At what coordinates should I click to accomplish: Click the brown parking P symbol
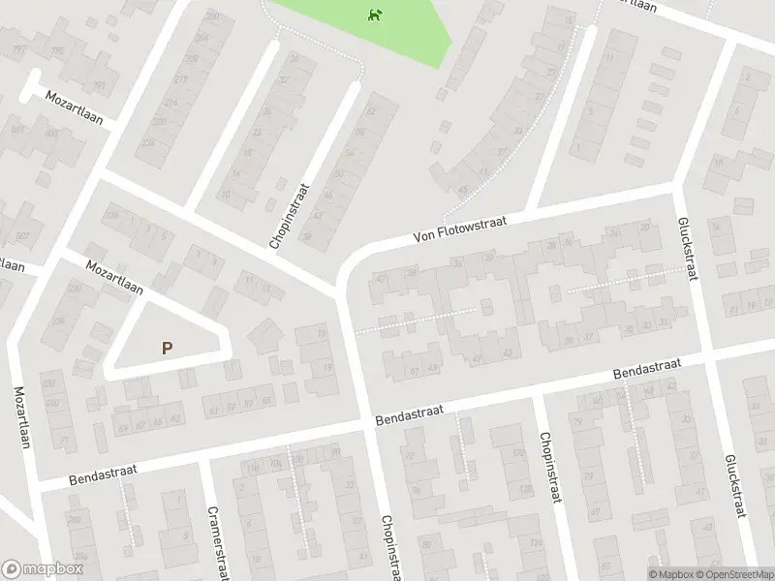click(x=168, y=348)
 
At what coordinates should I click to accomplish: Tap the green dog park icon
click(x=374, y=14)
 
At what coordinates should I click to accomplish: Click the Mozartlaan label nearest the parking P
click(x=114, y=277)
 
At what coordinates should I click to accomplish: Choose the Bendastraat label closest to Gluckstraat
click(x=647, y=369)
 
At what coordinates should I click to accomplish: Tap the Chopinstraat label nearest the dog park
click(x=291, y=216)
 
